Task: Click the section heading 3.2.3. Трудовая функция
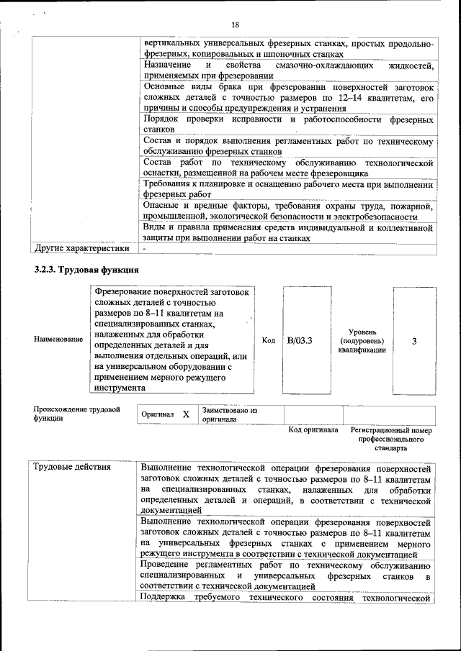86,270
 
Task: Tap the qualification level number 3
413,341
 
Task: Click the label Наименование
58,339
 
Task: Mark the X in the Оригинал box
185,415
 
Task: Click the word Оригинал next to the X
158,415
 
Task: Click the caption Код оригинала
313,430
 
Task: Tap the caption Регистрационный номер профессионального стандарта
390,438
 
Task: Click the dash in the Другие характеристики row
144,249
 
